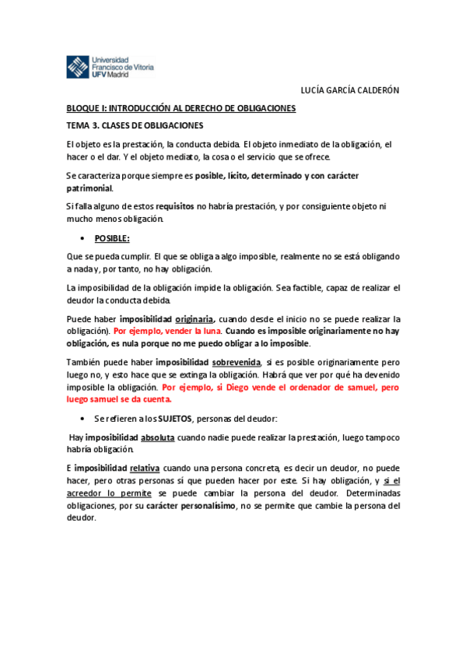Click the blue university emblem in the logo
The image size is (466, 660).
[77, 67]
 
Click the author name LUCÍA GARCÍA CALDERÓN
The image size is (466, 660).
[349, 90]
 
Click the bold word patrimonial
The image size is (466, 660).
[89, 188]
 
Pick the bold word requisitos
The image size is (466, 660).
[174, 206]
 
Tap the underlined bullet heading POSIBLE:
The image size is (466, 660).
[112, 237]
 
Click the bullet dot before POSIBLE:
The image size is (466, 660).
[82, 238]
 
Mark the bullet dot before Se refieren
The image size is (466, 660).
[82, 419]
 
